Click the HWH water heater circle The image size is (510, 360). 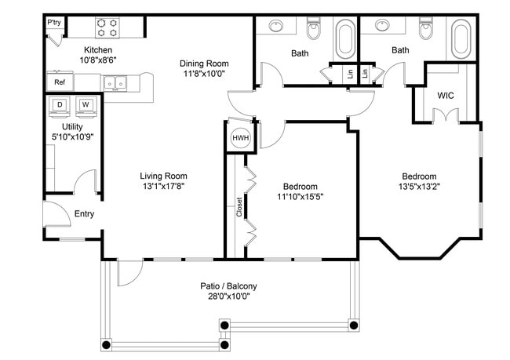click(240, 137)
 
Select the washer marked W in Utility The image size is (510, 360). click(86, 105)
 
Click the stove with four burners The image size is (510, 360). click(107, 28)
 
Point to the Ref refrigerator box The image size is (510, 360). click(60, 82)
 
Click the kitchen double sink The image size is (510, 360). click(115, 82)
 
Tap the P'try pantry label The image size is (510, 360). click(54, 23)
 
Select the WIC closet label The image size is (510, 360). click(446, 96)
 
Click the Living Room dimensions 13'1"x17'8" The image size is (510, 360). click(163, 187)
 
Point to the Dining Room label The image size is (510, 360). click(203, 64)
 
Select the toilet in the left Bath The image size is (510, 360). click(314, 31)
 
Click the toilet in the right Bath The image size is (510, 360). click(426, 31)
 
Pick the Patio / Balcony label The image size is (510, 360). click(228, 286)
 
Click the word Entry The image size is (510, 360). click(85, 214)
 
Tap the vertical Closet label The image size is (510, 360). click(239, 206)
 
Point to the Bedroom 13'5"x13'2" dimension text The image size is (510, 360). click(419, 187)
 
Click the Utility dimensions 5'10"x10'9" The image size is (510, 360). click(72, 136)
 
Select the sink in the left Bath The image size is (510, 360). click(276, 27)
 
